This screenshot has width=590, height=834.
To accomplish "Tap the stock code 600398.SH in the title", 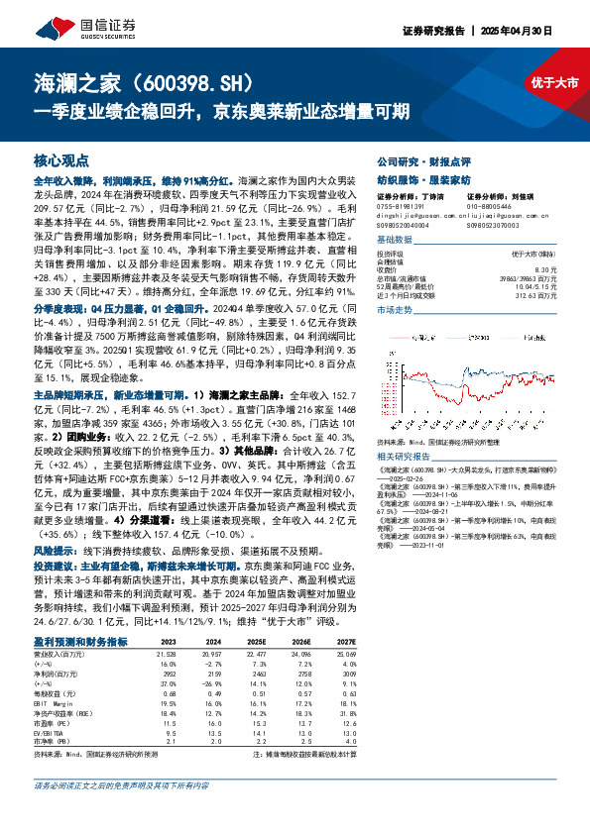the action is pyautogui.click(x=199, y=81).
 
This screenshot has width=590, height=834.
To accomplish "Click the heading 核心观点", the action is pyautogui.click(x=60, y=159).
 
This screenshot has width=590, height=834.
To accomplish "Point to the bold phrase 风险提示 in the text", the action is pyautogui.click(x=52, y=548).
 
